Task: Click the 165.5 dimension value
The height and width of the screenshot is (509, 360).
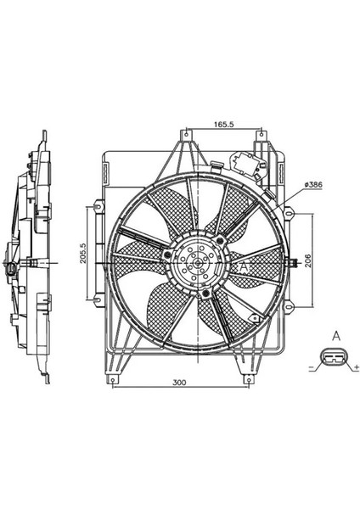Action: tap(224, 124)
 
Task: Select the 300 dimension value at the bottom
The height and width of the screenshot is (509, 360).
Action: tap(179, 383)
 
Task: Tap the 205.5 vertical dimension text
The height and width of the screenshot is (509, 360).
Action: tap(83, 253)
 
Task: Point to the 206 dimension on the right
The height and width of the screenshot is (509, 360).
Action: tap(308, 260)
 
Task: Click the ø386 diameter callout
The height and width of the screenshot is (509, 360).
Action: tap(313, 185)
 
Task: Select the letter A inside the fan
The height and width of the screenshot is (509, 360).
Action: tap(244, 267)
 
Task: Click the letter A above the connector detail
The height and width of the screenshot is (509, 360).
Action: tap(336, 336)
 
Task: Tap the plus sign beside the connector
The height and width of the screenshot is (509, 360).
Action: tap(357, 368)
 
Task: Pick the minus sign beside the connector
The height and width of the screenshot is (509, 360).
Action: tap(311, 368)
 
